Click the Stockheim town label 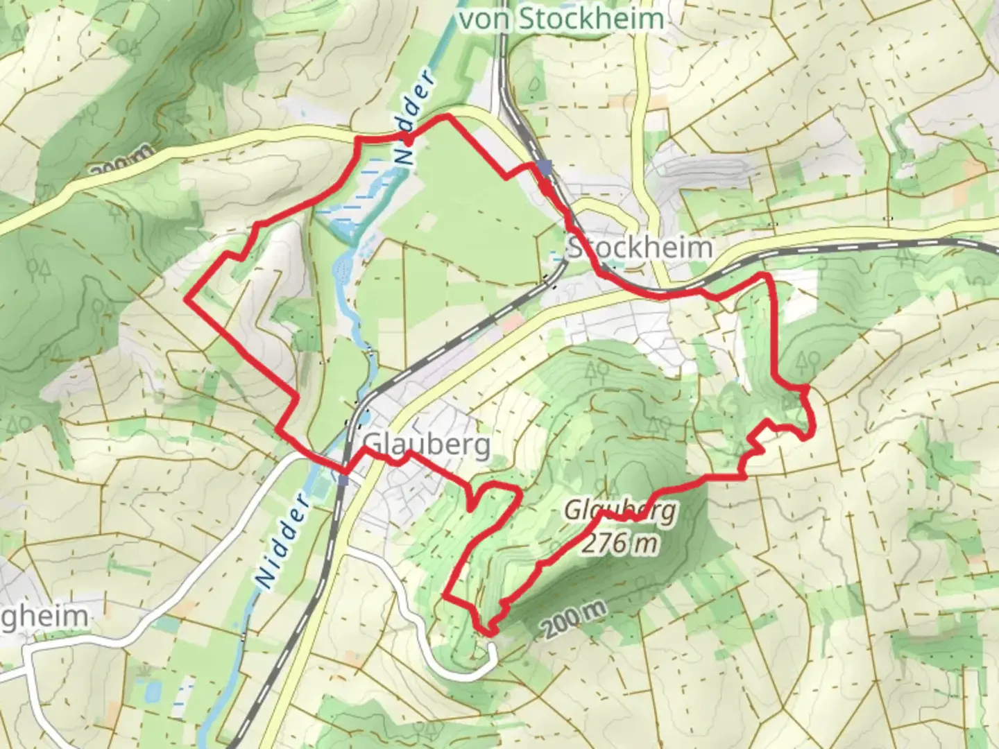(640, 248)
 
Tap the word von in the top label (486, 19)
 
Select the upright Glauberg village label (426, 444)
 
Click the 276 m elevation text (620, 543)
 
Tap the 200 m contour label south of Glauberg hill (574, 619)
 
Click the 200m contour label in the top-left (120, 161)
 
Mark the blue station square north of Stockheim (545, 167)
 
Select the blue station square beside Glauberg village (343, 479)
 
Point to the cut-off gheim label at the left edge (44, 617)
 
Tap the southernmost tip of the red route (490, 632)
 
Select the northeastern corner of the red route (767, 277)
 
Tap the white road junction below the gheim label (29, 653)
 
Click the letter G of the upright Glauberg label (372, 444)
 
